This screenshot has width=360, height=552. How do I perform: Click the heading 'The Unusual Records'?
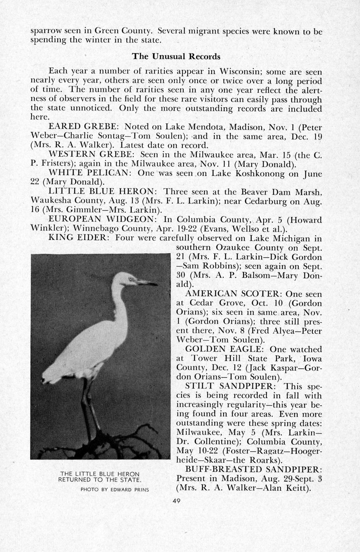point(176,56)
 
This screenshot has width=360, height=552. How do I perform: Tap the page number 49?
point(176,500)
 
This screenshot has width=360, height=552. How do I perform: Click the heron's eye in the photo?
point(130,278)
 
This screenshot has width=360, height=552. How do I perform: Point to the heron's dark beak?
point(148,283)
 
